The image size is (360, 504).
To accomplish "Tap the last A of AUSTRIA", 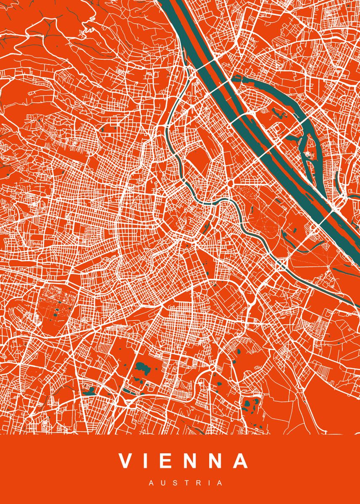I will pos(219,483).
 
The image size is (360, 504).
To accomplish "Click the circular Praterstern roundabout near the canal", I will pos(231,184).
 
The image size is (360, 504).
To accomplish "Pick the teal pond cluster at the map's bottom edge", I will pos(251,405).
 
